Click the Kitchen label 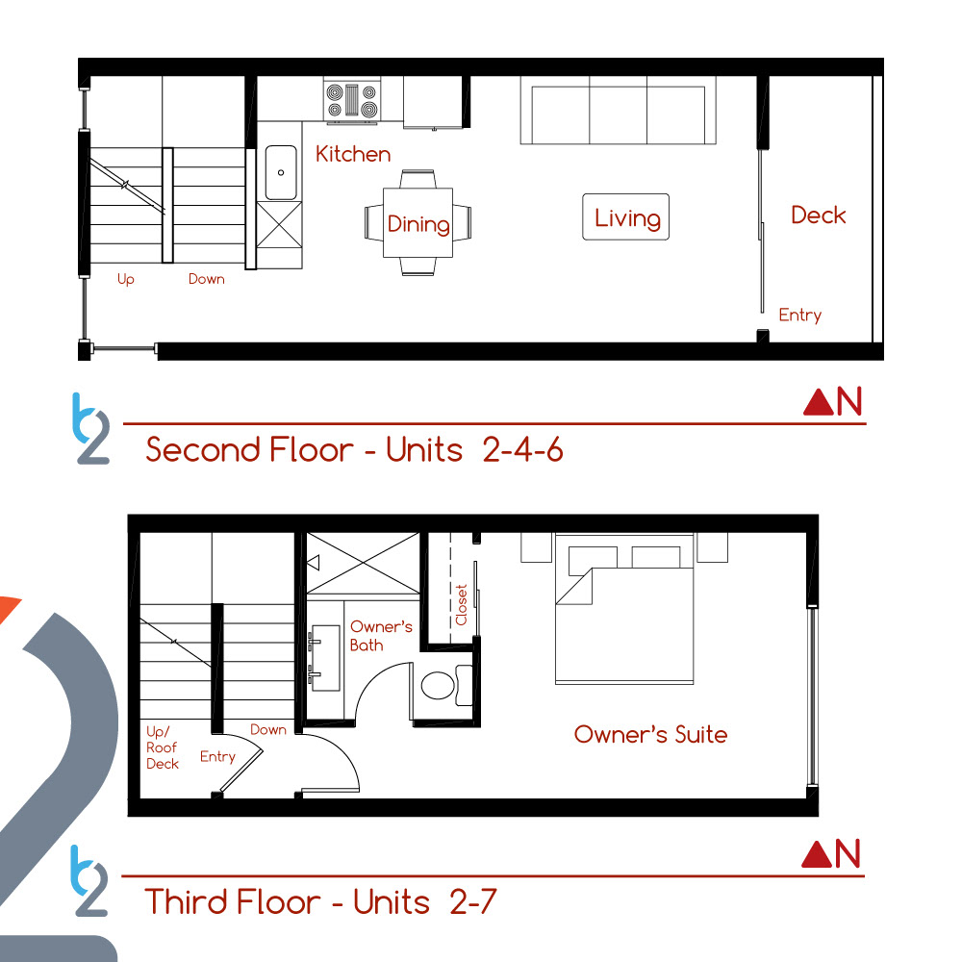[x=353, y=154]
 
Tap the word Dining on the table [x=418, y=224]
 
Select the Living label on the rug [x=627, y=218]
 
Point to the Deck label [x=819, y=215]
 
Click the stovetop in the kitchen [x=351, y=101]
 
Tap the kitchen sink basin [x=281, y=172]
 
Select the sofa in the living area [x=618, y=111]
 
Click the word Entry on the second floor [x=800, y=316]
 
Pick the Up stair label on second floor [x=126, y=279]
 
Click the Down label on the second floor [x=206, y=279]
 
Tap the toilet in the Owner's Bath [x=446, y=685]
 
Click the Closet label [x=462, y=605]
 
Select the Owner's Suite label [x=650, y=734]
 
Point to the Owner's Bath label [x=380, y=636]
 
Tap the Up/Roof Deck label [x=162, y=747]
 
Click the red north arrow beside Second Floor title [x=819, y=403]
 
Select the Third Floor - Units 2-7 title [x=320, y=902]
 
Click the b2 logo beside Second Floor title [x=90, y=428]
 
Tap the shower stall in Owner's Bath [x=364, y=563]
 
